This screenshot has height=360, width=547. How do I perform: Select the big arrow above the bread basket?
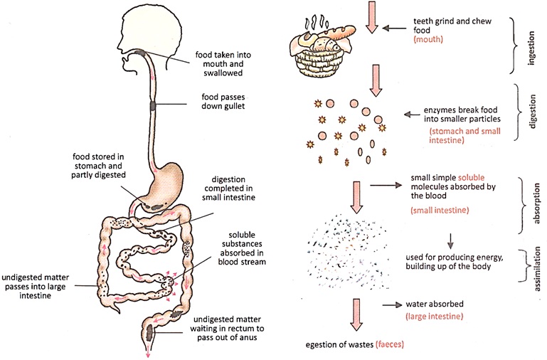point(371,18)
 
